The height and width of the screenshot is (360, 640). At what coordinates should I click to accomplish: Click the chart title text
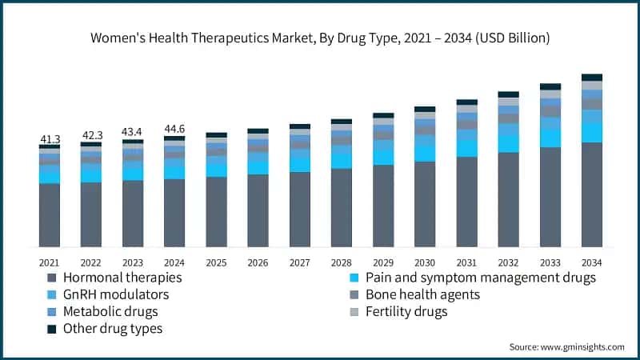coord(320,38)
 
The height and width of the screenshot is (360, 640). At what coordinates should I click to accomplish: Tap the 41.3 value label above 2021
coord(50,140)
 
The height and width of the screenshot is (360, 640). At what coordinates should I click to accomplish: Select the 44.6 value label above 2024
coord(174,129)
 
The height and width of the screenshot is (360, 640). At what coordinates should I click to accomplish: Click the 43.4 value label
coord(133,132)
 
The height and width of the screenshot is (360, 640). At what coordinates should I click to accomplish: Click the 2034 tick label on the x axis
coord(592,262)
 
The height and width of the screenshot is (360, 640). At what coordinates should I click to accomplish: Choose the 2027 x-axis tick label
coord(300,262)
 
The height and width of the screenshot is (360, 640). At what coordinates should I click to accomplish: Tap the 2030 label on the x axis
coord(425,262)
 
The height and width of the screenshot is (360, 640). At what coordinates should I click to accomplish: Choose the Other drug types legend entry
coord(111,328)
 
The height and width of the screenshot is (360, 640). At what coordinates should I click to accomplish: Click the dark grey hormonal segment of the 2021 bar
coord(50,215)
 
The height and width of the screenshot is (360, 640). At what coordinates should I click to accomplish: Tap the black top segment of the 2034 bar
coord(592,78)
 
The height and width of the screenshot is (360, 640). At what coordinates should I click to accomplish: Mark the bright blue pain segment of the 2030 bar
coord(425,153)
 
